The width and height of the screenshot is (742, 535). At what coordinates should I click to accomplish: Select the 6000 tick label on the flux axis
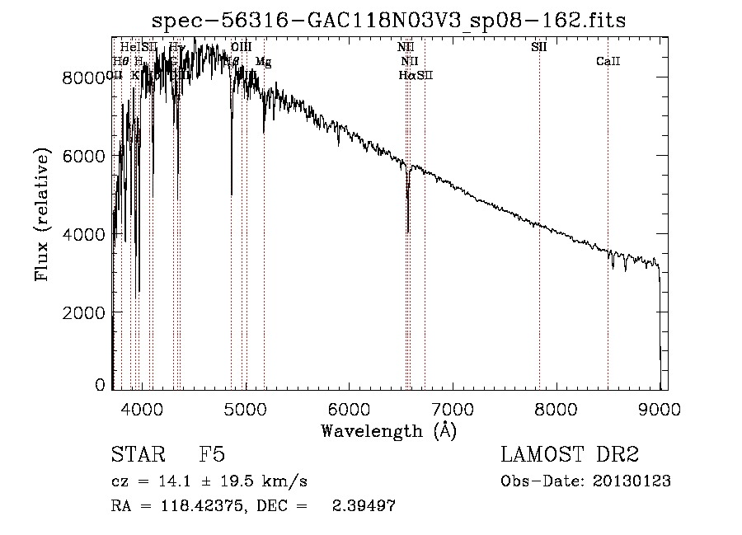pos(86,156)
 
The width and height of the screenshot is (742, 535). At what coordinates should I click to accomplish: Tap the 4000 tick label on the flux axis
pos(86,234)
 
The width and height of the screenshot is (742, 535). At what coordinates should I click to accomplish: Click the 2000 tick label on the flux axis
pos(86,312)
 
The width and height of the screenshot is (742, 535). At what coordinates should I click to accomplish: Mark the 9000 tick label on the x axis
pos(660,406)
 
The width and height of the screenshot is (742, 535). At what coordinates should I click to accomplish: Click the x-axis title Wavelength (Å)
pos(388,429)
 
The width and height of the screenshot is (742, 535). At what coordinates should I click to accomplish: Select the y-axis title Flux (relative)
pos(41,214)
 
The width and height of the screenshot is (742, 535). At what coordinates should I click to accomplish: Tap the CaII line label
pos(608,62)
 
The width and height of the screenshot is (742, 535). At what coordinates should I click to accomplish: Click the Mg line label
pos(263,62)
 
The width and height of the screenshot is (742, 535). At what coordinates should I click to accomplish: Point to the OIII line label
pos(242,48)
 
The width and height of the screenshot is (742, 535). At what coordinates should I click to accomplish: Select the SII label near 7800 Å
pos(539,48)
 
